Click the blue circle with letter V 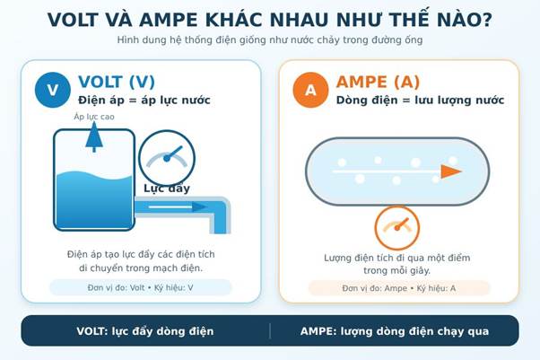pos(53,90)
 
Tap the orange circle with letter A pos(310,90)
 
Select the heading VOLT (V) pos(117,82)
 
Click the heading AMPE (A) pos(378,82)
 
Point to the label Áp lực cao pos(94,117)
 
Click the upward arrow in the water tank pos(94,136)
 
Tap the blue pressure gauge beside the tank pos(167,158)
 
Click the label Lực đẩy pos(167,189)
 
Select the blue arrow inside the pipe pos(178,206)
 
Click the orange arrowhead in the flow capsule pos(451,171)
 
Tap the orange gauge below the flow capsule pos(397,228)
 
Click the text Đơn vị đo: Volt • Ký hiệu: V pos(140,287)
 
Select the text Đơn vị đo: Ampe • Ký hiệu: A pos(399,288)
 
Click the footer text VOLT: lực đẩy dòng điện pos(145,331)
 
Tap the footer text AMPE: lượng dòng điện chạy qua pos(395,331)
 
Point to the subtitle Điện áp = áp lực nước pos(144,101)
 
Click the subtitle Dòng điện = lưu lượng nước pos(420,101)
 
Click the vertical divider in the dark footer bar pos(270,330)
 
